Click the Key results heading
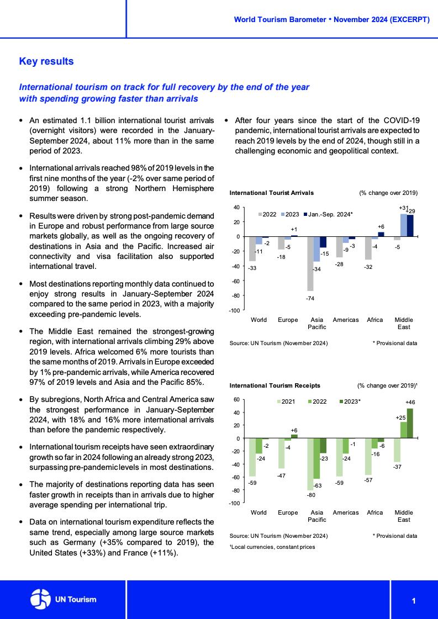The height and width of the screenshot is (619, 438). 46,61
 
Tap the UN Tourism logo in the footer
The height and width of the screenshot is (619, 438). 63,599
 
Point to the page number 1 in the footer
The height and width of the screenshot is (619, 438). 413,600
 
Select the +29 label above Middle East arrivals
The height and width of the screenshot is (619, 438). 411,211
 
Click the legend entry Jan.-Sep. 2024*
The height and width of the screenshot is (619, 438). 330,214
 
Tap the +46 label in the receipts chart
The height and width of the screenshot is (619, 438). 410,403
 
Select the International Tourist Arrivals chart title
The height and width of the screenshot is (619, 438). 271,193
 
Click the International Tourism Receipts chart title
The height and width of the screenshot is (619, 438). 275,385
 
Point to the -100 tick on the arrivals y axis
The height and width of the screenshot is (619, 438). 235,310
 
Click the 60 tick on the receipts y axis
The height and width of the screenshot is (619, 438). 237,400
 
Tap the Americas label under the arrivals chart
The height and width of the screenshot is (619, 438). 346,320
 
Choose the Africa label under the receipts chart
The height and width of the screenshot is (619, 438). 374,512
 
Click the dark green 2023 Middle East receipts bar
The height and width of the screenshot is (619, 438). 410,424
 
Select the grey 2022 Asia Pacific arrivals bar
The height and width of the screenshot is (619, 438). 310,264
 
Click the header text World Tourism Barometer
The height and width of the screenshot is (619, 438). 280,19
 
